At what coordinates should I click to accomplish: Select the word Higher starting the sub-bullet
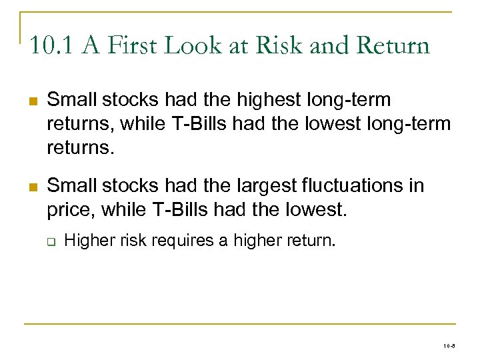[88, 239]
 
